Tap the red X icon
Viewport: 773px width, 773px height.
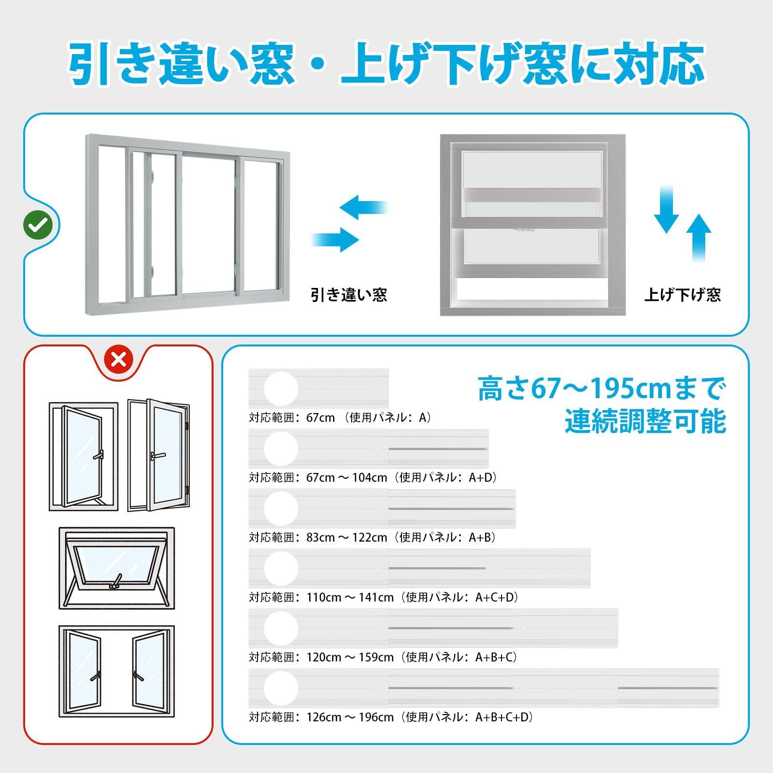coord(119,359)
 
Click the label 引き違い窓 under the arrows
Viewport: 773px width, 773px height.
coord(349,294)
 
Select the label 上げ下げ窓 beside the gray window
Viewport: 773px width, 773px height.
coord(682,294)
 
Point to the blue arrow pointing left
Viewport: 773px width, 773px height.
coord(363,207)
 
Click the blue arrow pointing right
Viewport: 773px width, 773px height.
coord(336,239)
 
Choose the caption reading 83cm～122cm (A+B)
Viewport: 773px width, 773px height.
coord(372,537)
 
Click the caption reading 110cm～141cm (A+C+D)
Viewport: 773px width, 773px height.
coord(384,597)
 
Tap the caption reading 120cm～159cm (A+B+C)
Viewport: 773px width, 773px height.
coord(384,657)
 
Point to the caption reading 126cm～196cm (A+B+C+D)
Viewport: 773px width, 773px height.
coord(391,717)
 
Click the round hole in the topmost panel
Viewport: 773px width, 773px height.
coord(281,388)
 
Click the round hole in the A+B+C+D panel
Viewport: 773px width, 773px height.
coord(281,688)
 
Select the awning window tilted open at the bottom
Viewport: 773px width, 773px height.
coord(117,568)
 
